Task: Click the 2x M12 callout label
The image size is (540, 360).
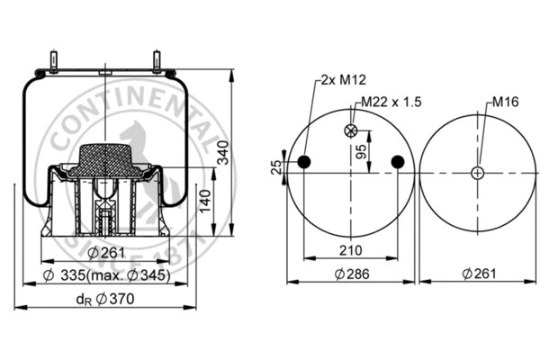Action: coord(339,79)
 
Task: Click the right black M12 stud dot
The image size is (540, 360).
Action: coord(397,162)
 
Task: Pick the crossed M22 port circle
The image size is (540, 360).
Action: coord(351,131)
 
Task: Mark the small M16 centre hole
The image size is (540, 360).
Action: coord(476,173)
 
